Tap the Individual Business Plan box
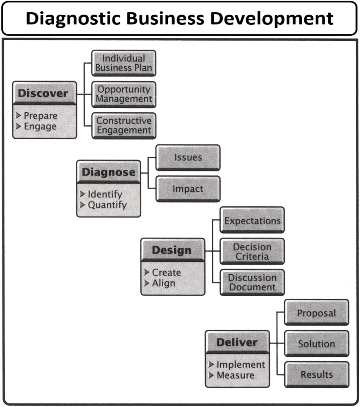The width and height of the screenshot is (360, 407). pos(123,63)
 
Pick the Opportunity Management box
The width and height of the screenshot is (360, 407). pos(123,94)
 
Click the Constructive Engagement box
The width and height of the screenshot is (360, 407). pos(123,125)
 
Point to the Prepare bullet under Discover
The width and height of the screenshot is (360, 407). pos(40,116)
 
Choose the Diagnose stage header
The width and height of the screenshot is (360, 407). pos(108,172)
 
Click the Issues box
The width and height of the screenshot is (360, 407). pos(188,157)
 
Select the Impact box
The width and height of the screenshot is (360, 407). pos(188,188)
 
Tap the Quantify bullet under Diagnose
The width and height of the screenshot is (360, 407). pos(107,205)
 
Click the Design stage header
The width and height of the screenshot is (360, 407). pos(172,250)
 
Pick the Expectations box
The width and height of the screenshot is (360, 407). pos(252,221)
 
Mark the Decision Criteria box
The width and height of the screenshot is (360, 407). pos(252,252)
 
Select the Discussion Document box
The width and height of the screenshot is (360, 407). pos(252,282)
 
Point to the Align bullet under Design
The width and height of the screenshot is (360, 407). pos(163,283)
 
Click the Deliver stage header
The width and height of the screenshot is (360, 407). pos(237,342)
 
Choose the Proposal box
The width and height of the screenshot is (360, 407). pos(316,313)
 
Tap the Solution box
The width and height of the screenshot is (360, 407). pos(316,344)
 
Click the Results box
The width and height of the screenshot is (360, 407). pos(316,374)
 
